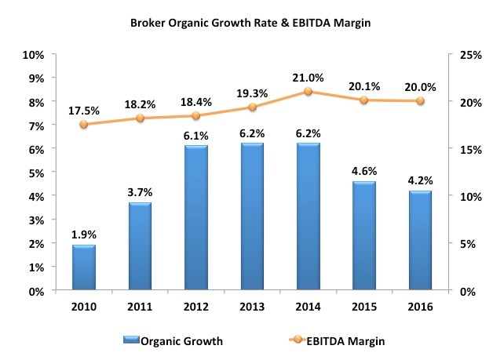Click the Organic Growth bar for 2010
83,267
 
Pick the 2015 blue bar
364,236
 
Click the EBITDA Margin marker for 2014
309,92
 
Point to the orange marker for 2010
83,125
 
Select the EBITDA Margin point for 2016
420,101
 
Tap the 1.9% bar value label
83,234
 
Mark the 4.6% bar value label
364,170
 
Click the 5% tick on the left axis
34,173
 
